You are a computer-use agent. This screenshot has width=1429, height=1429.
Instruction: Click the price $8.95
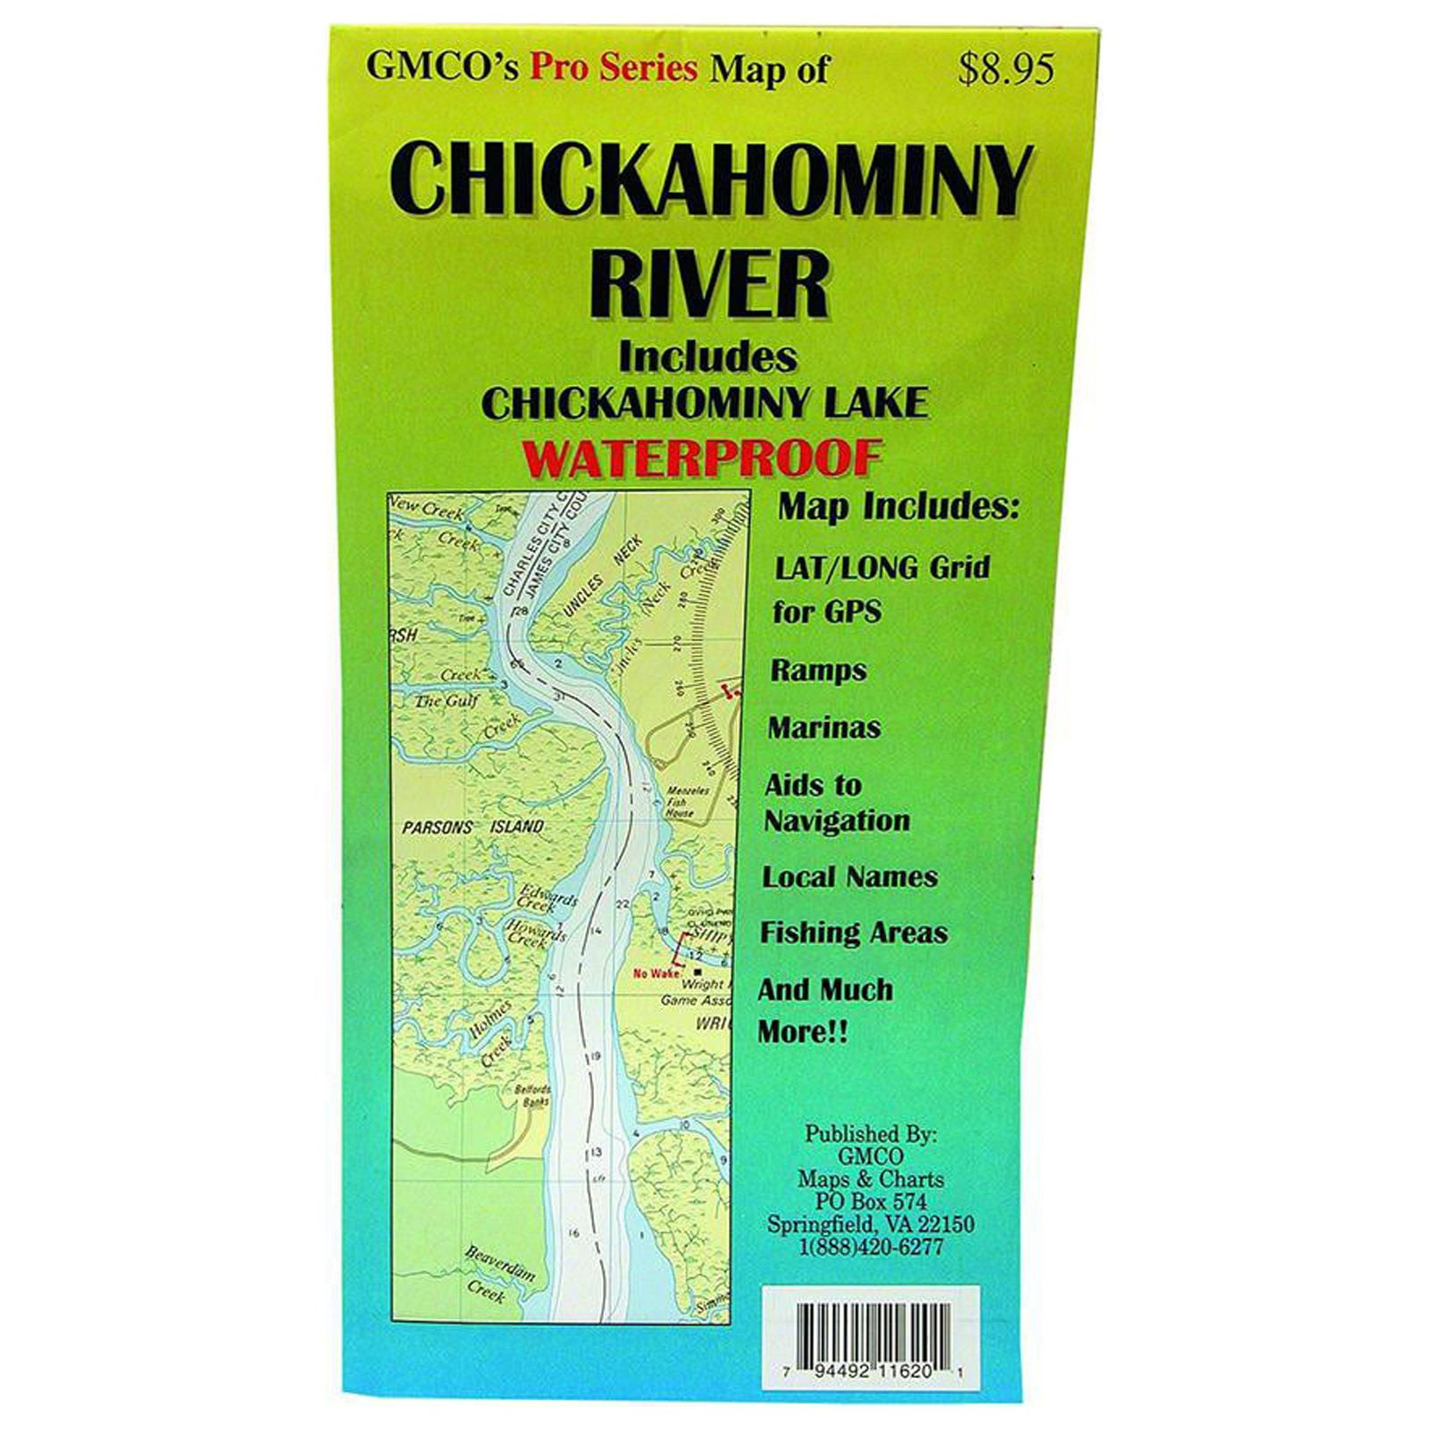point(1007,71)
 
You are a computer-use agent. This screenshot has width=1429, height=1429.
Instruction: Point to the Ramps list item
point(818,671)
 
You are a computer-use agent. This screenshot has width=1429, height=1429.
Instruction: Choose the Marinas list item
point(823,727)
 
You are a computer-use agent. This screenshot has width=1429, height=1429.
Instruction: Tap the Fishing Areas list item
point(853,932)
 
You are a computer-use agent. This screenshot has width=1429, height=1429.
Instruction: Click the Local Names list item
point(849,877)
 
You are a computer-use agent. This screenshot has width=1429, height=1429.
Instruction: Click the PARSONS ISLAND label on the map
point(472,827)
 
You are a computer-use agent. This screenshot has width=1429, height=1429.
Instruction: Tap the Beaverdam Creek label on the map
point(497,1275)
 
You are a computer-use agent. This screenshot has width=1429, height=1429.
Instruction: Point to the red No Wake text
point(656,973)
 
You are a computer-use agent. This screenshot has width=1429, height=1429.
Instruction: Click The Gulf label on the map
point(447,701)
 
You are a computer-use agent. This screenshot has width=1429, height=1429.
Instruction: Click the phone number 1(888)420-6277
point(871,1248)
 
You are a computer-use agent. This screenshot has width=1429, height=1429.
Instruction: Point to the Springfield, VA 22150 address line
point(871,1224)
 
